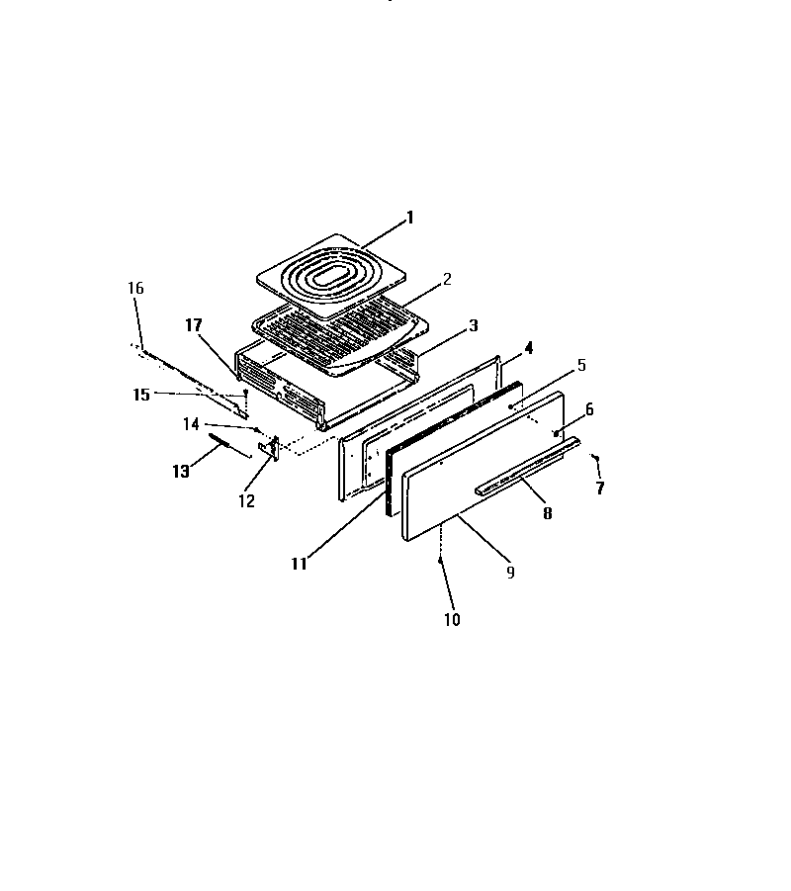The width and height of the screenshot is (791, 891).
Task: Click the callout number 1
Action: point(410,218)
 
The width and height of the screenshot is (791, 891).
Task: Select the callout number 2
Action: point(447,280)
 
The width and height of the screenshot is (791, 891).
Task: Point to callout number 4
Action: point(529,348)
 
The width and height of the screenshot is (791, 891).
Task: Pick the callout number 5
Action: point(581,365)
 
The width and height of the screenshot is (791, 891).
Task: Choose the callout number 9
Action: point(510,572)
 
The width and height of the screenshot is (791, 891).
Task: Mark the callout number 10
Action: point(452,620)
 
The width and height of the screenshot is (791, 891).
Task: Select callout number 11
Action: point(299,564)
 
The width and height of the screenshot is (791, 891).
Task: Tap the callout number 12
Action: point(246,501)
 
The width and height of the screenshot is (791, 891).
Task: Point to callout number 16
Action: point(135,288)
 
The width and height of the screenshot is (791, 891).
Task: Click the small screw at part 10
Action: point(442,560)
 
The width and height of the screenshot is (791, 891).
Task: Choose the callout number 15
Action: point(141,395)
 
